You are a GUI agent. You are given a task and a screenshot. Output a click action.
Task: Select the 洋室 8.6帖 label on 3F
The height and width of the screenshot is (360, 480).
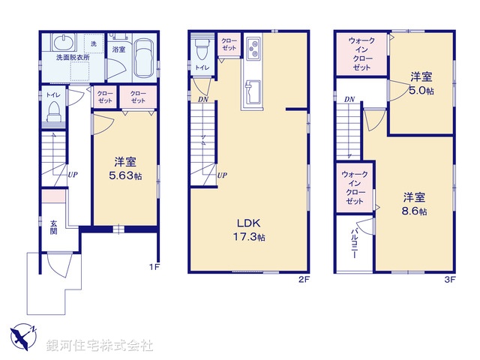point(414,204)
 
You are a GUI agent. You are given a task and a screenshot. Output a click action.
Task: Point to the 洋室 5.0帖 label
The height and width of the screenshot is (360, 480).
point(421,82)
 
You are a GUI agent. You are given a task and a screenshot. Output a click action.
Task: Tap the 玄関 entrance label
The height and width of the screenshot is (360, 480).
point(55,227)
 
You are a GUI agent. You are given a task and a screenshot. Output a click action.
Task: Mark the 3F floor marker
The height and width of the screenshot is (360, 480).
point(449,279)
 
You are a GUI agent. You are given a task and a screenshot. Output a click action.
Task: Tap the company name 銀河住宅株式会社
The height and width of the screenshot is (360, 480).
point(100,345)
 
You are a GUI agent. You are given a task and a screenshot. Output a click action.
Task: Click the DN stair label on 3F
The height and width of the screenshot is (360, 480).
point(349,100)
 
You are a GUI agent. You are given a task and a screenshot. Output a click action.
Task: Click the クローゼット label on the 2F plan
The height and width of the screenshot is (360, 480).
point(229,44)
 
